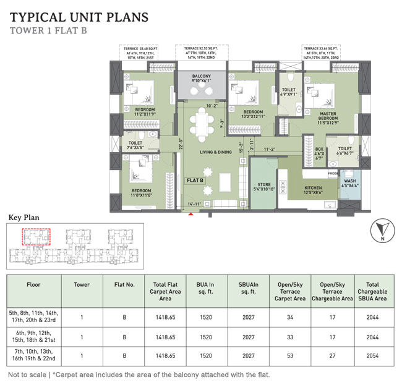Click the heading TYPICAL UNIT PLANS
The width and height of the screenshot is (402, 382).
click(80, 16)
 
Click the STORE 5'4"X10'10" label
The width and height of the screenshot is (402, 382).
click(264, 187)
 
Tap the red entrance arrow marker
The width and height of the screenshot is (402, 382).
click(191, 214)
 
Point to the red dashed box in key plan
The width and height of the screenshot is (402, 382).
click(36, 237)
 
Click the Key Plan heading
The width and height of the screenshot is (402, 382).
click(24, 218)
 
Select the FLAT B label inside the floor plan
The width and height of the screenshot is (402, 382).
click(195, 180)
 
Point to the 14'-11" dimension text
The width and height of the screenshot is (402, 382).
click(195, 203)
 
